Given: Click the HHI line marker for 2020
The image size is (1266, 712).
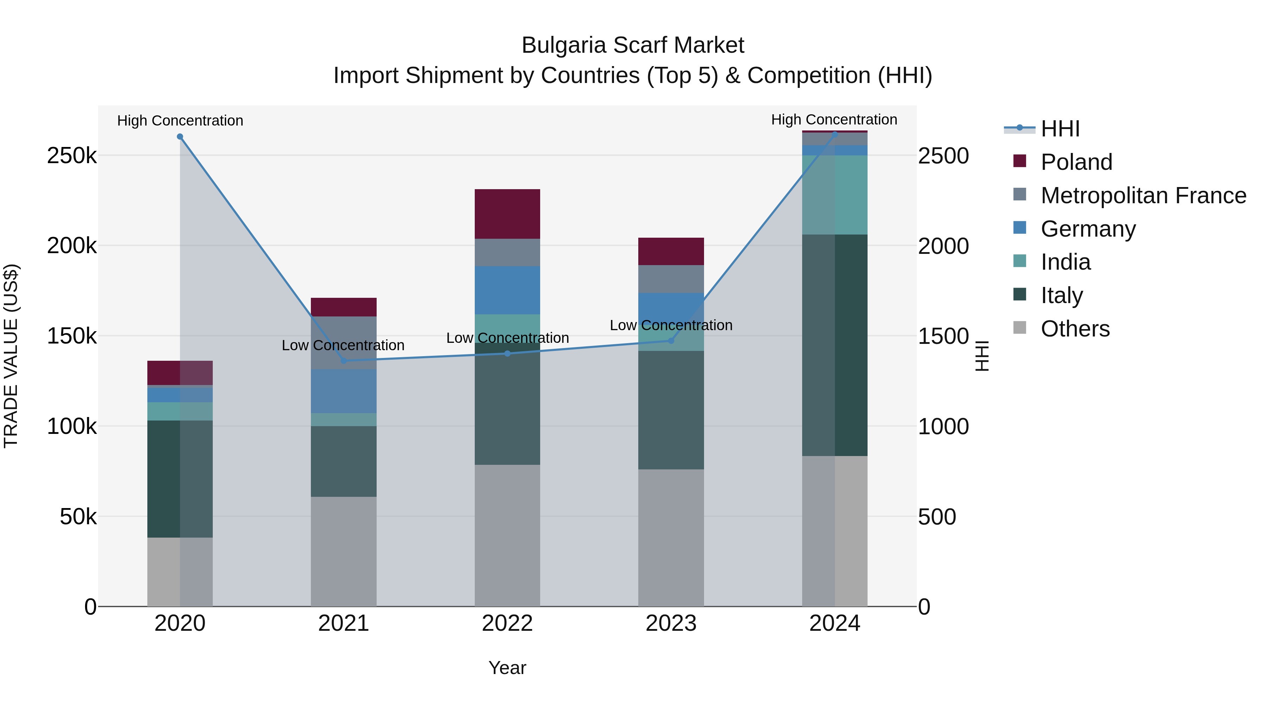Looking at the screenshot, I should tap(180, 137).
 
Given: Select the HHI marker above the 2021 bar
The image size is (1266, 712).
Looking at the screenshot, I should tap(344, 361).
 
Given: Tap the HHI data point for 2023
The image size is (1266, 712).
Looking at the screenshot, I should tap(671, 340).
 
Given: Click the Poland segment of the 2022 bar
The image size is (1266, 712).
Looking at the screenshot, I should tap(507, 214).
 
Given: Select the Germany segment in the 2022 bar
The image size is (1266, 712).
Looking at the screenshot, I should tap(507, 290).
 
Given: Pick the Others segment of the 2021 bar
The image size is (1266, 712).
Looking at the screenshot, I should tap(344, 551).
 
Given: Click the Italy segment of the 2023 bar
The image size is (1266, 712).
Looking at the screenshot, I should tap(671, 410).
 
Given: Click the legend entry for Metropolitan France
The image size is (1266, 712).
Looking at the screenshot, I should tap(1143, 195).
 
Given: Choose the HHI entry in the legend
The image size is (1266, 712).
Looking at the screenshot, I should tap(1060, 129).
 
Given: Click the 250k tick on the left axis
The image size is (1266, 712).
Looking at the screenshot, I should tap(72, 156).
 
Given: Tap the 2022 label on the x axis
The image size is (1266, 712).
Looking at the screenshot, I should tap(507, 623).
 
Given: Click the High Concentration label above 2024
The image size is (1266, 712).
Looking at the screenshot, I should tap(834, 120).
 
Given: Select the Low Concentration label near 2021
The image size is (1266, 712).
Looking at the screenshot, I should tap(343, 345).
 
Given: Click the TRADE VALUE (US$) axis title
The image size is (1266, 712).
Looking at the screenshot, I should tap(11, 356).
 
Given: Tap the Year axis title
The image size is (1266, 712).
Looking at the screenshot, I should tap(507, 668).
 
